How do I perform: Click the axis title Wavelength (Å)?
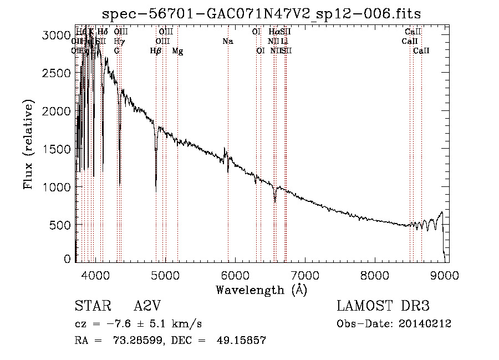(x=261, y=289)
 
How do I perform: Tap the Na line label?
(x=227, y=41)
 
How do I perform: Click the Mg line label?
(x=177, y=50)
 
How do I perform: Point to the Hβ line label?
(x=156, y=50)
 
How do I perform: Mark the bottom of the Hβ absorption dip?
(x=156, y=191)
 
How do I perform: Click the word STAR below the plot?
(x=90, y=306)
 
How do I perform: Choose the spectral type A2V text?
(x=147, y=306)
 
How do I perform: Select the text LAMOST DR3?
(x=383, y=306)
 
